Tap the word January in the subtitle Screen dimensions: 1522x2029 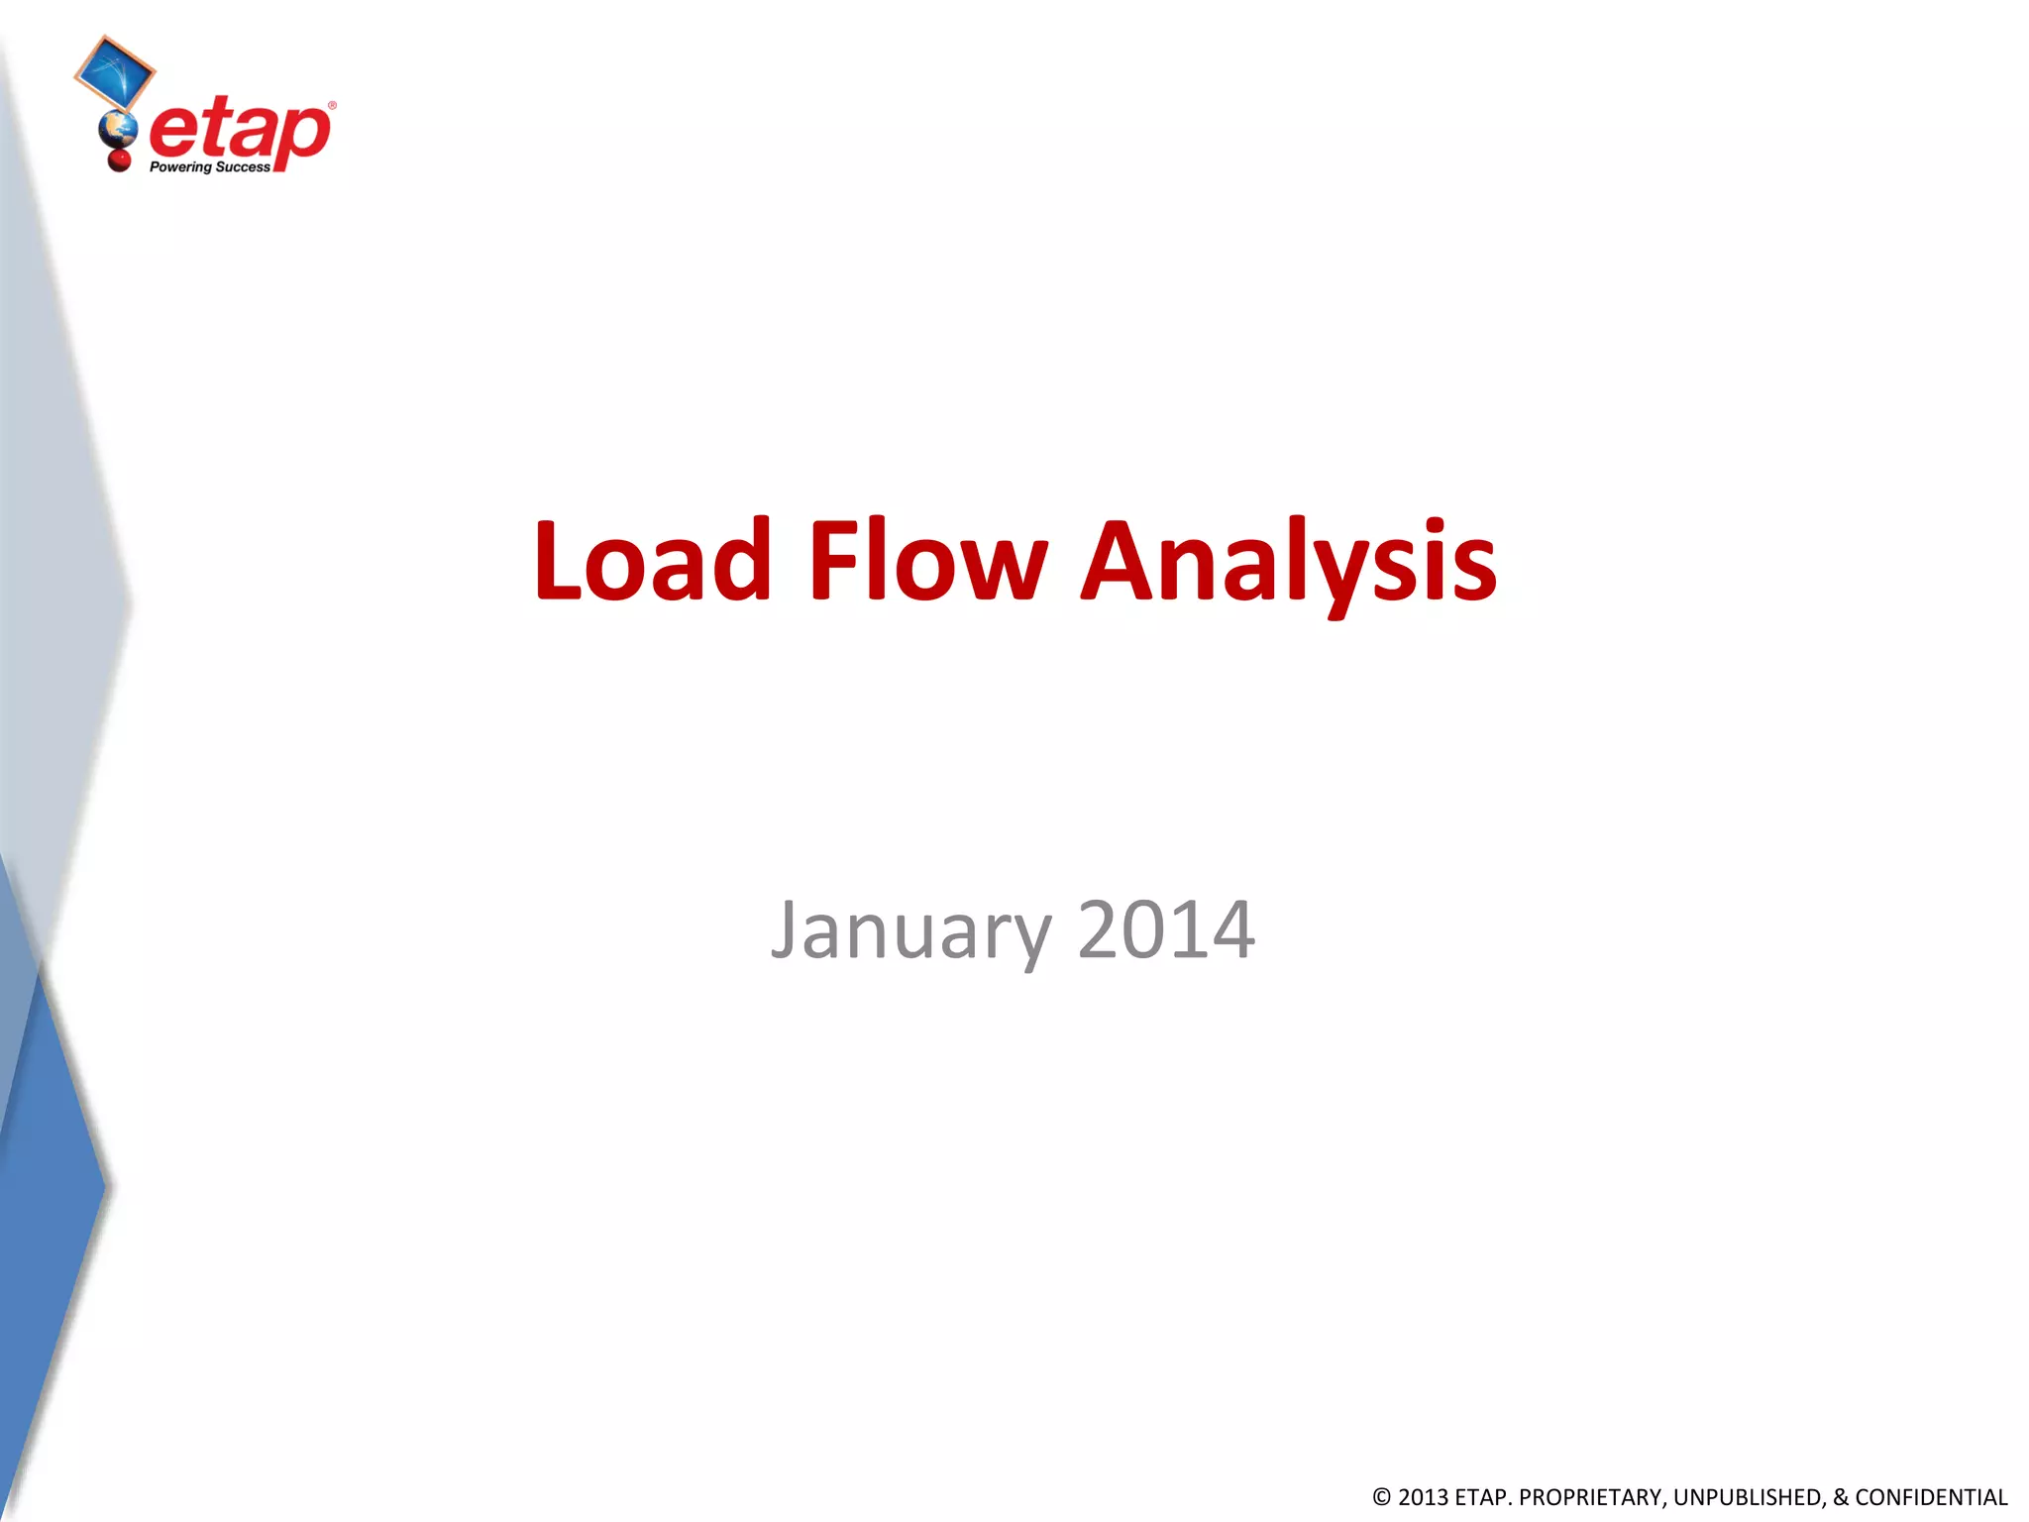[x=911, y=931]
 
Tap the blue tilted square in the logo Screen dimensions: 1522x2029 [x=115, y=72]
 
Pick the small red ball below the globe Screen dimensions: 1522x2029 [x=120, y=159]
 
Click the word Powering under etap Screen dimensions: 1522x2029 [x=180, y=167]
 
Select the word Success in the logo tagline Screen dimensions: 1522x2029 [x=243, y=167]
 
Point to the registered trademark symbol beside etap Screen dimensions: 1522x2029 [x=332, y=105]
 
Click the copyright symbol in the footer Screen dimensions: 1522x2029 [x=1382, y=1497]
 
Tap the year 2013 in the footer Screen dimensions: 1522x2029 [x=1423, y=1497]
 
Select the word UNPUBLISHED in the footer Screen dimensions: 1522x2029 [x=1749, y=1497]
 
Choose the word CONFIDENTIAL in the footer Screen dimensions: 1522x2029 [x=1931, y=1497]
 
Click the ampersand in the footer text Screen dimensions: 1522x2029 [x=1841, y=1497]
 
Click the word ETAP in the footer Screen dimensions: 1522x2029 [x=1482, y=1497]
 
